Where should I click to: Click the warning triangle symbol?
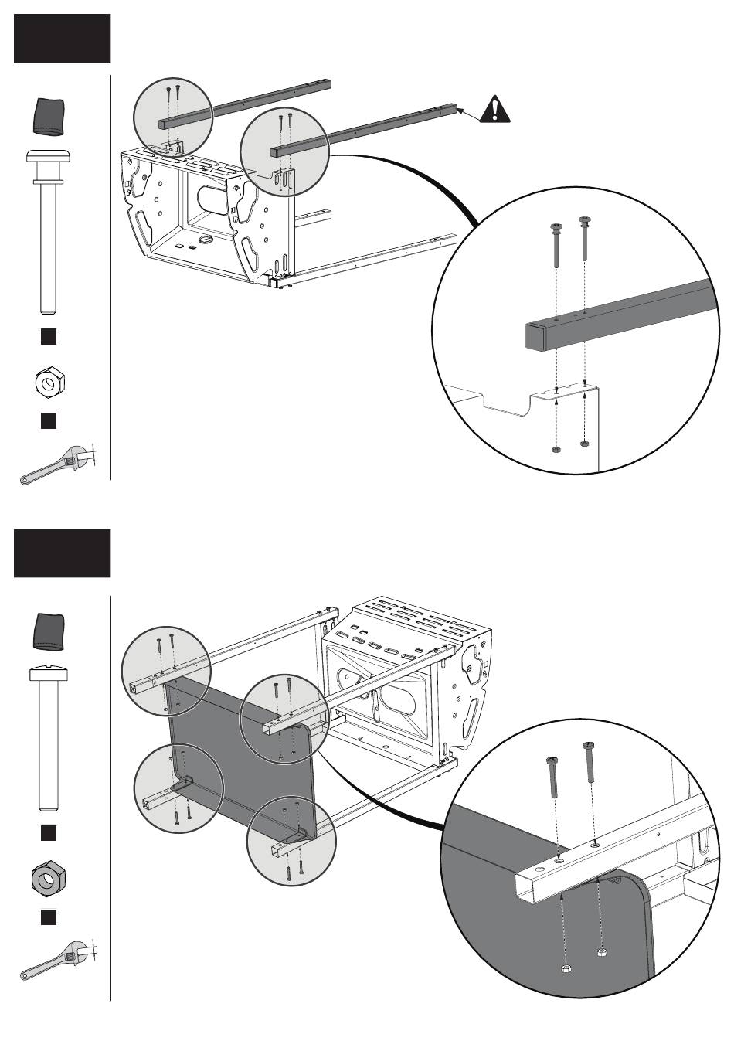click(x=494, y=109)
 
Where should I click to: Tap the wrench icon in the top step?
click(x=56, y=463)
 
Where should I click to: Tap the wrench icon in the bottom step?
click(x=56, y=959)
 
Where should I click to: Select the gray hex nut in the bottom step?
click(x=48, y=879)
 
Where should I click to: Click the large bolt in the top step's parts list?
click(x=49, y=232)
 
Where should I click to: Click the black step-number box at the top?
click(x=63, y=38)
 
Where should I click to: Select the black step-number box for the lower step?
click(x=63, y=553)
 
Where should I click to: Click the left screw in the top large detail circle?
click(x=556, y=247)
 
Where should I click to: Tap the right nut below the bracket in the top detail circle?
click(x=585, y=444)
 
